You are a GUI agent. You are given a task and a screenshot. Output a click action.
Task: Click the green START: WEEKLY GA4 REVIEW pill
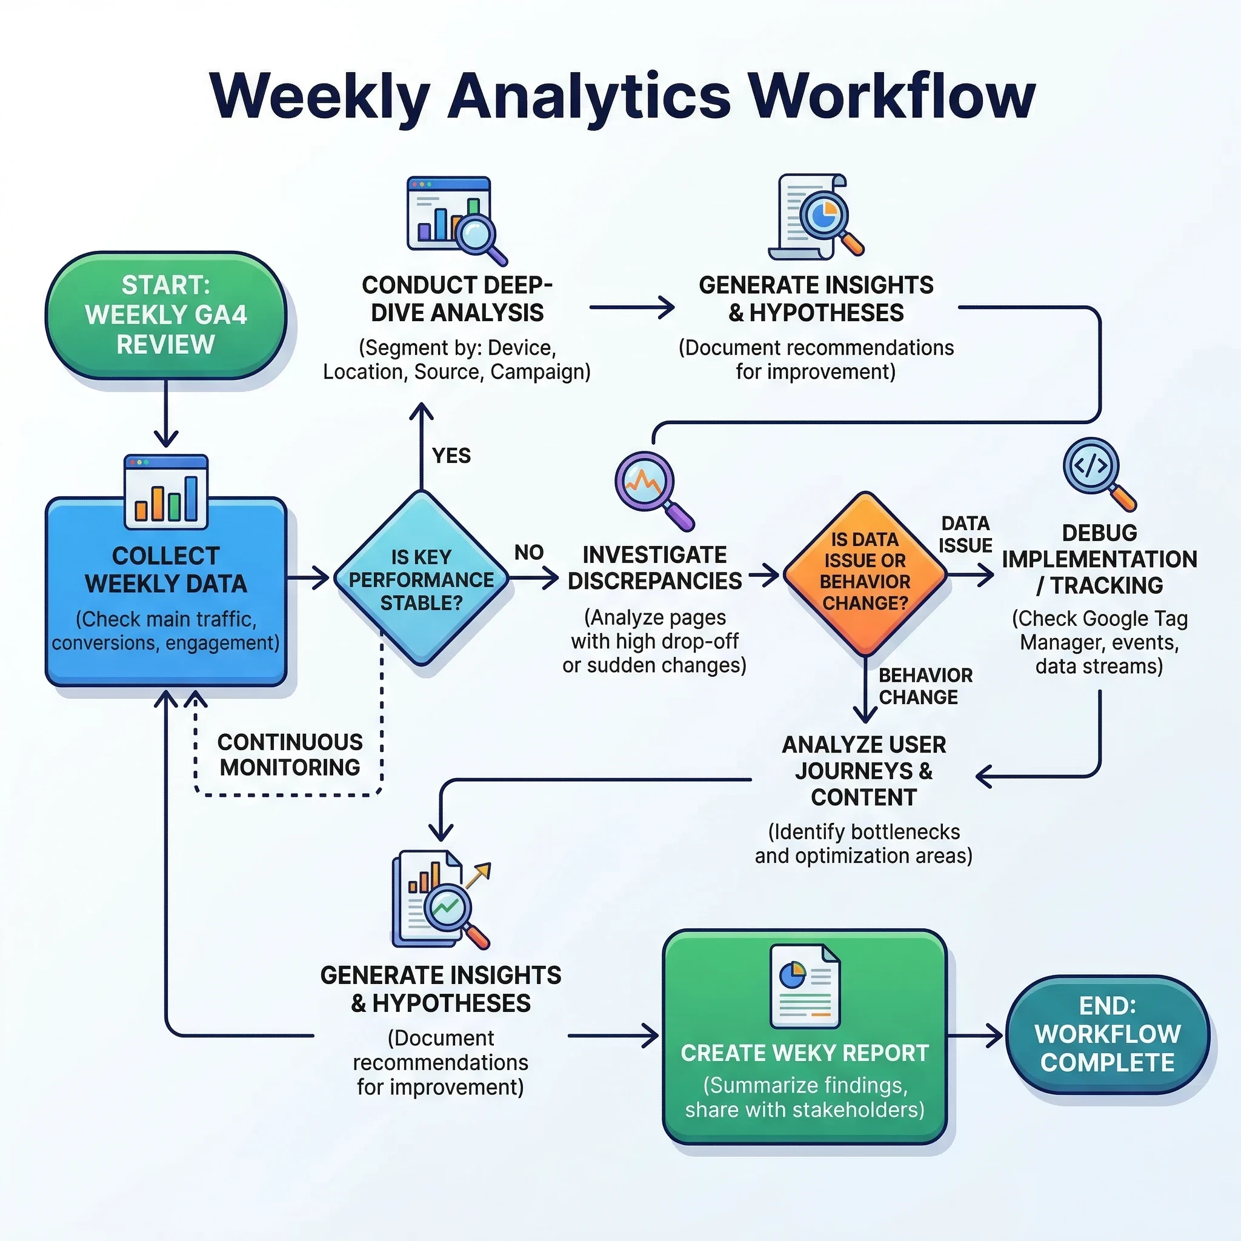pyautogui.click(x=165, y=314)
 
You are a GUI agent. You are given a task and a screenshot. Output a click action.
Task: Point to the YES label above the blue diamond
pyautogui.click(x=451, y=456)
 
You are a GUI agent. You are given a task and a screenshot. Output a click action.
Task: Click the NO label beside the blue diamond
pyautogui.click(x=528, y=552)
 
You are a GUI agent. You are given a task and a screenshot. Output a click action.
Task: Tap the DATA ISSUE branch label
pyautogui.click(x=965, y=534)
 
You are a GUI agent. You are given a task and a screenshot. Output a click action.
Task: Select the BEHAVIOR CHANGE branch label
pyautogui.click(x=925, y=686)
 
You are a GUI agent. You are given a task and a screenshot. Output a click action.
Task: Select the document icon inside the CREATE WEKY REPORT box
pyautogui.click(x=804, y=986)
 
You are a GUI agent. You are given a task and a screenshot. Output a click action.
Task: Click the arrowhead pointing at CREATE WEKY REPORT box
pyautogui.click(x=651, y=1036)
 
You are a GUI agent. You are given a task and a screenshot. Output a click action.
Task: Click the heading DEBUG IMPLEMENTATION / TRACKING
pyautogui.click(x=1099, y=559)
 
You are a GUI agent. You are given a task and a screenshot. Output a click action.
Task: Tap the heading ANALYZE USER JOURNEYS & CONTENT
pyautogui.click(x=863, y=771)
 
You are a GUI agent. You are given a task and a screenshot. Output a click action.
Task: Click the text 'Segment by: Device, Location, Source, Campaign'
pyautogui.click(x=457, y=360)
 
